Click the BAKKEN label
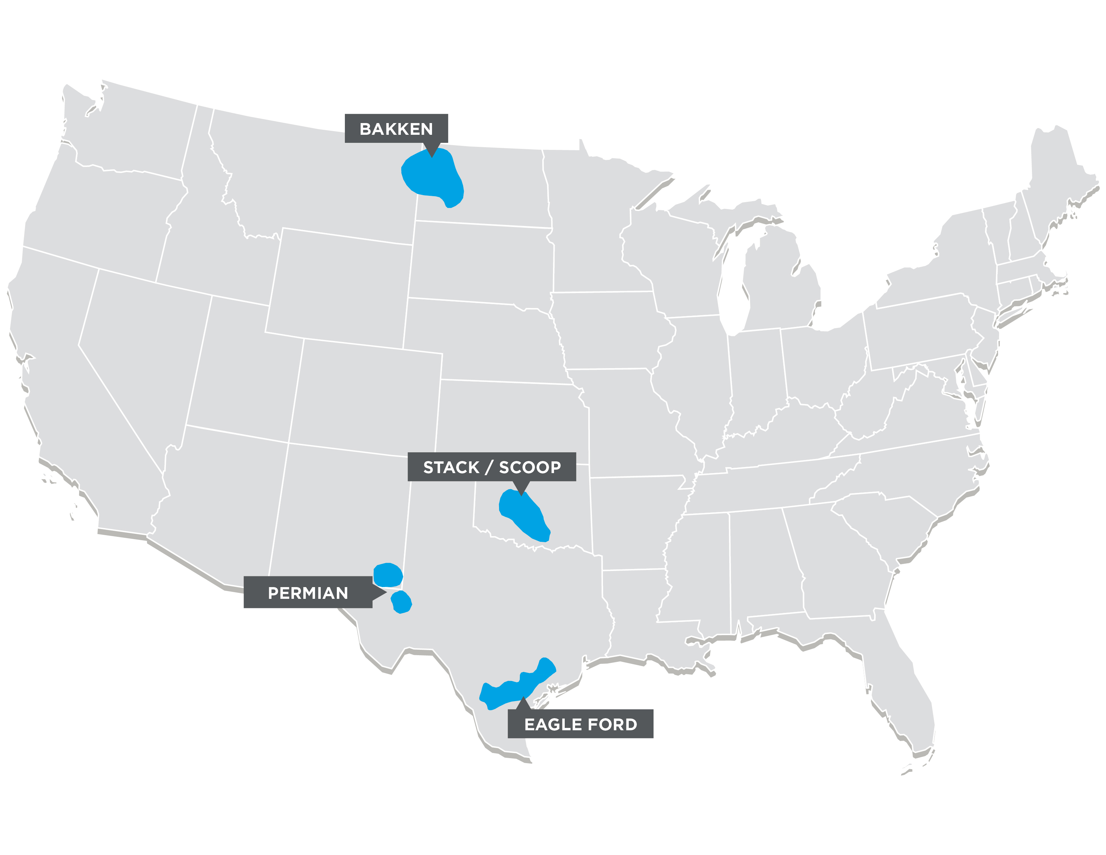click(396, 129)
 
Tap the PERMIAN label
click(308, 592)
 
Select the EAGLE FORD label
click(580, 724)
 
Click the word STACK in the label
click(451, 467)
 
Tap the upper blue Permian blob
click(388, 575)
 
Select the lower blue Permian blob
click(402, 602)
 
